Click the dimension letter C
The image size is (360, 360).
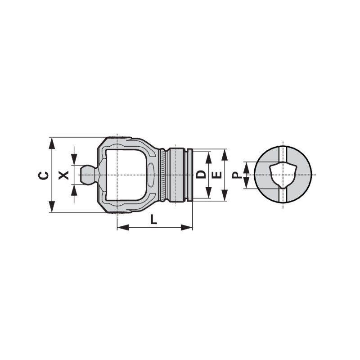pos(43,175)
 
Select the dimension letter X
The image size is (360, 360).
pos(63,175)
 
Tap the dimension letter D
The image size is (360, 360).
pos(201,175)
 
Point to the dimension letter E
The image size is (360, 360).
pos(217,175)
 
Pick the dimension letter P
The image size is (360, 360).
pos(237,175)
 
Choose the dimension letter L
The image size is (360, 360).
pos(153,219)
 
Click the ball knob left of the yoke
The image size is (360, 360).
pos(88,175)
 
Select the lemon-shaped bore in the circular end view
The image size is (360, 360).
pos(283,175)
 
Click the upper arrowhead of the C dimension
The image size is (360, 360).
pos(52,143)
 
